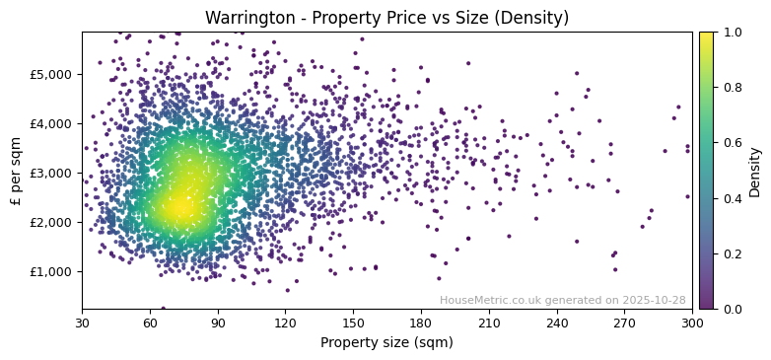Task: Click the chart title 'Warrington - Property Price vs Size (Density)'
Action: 386,18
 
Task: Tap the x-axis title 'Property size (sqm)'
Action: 386,343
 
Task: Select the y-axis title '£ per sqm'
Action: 16,171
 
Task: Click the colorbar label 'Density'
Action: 755,172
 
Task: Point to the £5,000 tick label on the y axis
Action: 52,74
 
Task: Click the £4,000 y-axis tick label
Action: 52,123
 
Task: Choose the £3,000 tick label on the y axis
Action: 52,173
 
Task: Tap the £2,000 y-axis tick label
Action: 52,222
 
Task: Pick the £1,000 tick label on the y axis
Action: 52,271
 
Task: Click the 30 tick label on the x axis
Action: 82,323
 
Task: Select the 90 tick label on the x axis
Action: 218,323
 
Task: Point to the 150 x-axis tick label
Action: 353,323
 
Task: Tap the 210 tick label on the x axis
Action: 489,323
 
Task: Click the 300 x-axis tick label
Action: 692,323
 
